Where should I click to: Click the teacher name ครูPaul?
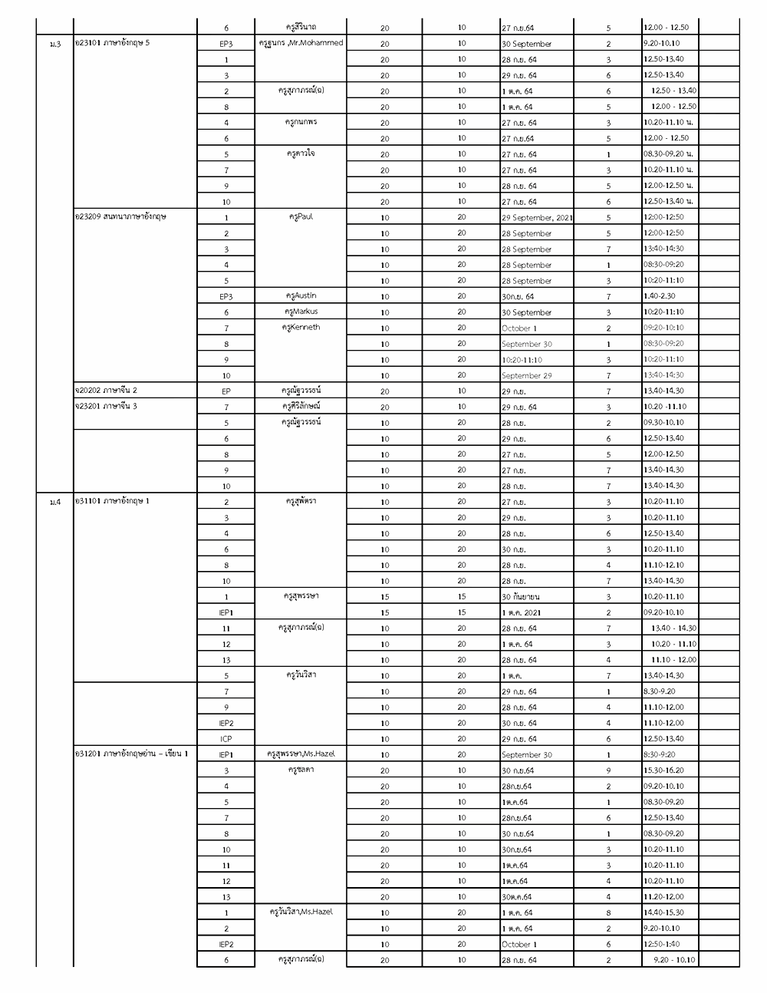pyautogui.click(x=301, y=217)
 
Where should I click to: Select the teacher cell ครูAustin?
pyautogui.click(x=301, y=296)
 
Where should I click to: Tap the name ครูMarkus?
pyautogui.click(x=301, y=312)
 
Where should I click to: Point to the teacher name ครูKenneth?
pyautogui.click(x=301, y=328)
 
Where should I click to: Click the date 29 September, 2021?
pyautogui.click(x=537, y=218)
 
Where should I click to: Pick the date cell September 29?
pyautogui.click(x=526, y=376)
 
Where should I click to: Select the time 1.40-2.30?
pyautogui.click(x=659, y=296)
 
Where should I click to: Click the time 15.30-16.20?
pyautogui.click(x=663, y=770)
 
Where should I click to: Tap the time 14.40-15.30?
pyautogui.click(x=663, y=912)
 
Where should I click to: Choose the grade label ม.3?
pyautogui.click(x=54, y=44)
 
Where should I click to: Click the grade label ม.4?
pyautogui.click(x=54, y=502)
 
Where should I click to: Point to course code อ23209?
pyautogui.click(x=87, y=217)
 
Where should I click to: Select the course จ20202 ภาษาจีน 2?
pyautogui.click(x=107, y=391)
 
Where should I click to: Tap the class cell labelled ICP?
pyautogui.click(x=226, y=739)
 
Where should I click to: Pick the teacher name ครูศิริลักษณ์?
pyautogui.click(x=301, y=406)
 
